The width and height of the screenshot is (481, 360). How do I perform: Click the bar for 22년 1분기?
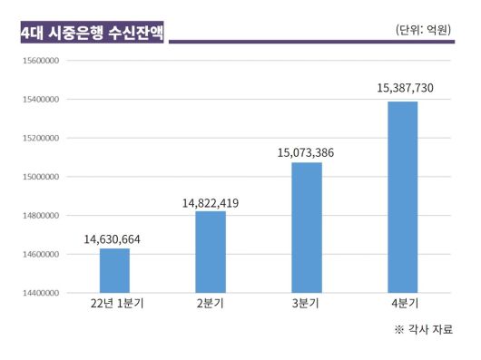point(114,270)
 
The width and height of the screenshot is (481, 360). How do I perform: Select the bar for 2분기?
point(211,251)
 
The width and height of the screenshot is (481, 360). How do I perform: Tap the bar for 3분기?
point(307,228)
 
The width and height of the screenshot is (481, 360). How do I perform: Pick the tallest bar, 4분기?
point(403,197)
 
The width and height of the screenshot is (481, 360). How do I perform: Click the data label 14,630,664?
point(113,239)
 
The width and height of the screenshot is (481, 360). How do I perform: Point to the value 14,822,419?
point(211,203)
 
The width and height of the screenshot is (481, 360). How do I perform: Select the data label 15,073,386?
point(306,153)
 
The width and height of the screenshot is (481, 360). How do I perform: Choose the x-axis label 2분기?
point(211,304)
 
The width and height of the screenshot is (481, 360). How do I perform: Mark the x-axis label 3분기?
point(307,304)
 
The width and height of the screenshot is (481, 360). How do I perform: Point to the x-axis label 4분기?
point(403,304)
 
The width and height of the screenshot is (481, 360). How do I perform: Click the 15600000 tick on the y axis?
point(40,61)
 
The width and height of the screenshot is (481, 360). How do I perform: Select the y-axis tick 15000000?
point(40,177)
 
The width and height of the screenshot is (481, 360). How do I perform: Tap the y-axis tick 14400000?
point(40,293)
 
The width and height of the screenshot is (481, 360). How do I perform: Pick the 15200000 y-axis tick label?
point(40,138)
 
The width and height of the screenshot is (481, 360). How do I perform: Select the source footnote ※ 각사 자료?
point(423,329)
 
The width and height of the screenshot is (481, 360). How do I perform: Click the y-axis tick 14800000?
point(40,216)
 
